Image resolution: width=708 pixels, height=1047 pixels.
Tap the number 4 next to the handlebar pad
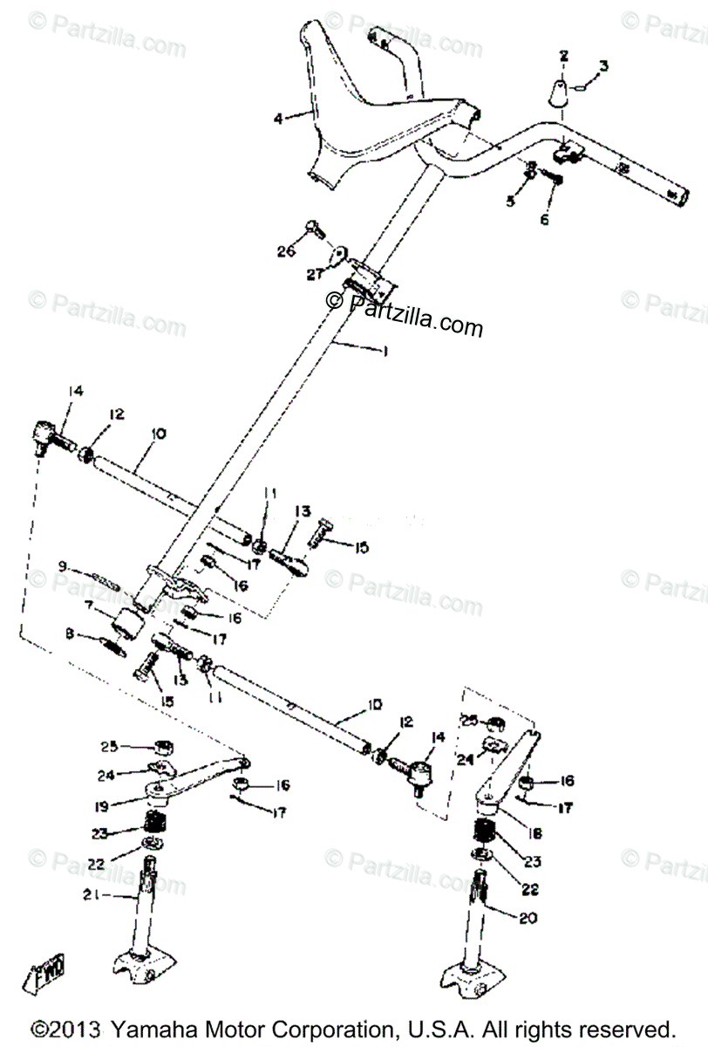[x=277, y=118]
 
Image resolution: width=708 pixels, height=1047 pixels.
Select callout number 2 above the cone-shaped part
[x=563, y=56]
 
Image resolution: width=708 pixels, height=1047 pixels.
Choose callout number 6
[x=545, y=220]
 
